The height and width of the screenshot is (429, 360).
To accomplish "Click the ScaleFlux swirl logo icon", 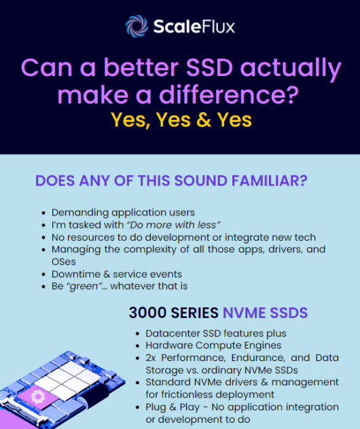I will [137, 26].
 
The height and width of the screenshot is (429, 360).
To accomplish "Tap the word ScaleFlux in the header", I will [194, 27].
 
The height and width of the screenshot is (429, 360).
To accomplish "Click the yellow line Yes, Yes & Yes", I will [181, 120].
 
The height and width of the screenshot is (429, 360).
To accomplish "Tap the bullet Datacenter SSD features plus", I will [215, 333].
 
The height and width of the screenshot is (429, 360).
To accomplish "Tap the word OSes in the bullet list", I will [64, 262].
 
